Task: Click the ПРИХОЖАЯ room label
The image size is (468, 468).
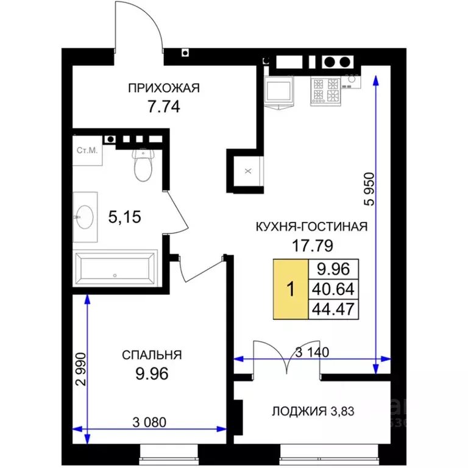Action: click(163, 88)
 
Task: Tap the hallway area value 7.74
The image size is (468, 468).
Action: click(164, 107)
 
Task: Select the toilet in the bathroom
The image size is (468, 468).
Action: click(143, 165)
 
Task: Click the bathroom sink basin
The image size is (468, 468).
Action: click(85, 217)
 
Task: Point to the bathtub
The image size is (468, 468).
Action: click(115, 268)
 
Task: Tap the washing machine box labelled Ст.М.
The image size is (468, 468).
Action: click(88, 151)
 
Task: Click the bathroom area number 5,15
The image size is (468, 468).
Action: click(124, 217)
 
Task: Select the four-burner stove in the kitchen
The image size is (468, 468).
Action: click(325, 91)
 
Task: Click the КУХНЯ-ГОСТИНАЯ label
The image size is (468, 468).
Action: click(311, 227)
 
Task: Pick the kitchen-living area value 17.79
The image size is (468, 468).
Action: click(312, 246)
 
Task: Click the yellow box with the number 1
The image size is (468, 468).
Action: click(291, 289)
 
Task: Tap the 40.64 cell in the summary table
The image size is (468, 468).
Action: click(333, 289)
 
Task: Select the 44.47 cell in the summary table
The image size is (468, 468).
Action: click(333, 309)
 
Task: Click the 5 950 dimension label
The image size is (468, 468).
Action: click(369, 189)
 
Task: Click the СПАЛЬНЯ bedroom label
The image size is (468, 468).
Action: click(152, 355)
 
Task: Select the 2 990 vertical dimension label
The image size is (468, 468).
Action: click(80, 369)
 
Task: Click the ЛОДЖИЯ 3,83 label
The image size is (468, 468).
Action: click(313, 411)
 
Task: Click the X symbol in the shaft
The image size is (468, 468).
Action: click(248, 171)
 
